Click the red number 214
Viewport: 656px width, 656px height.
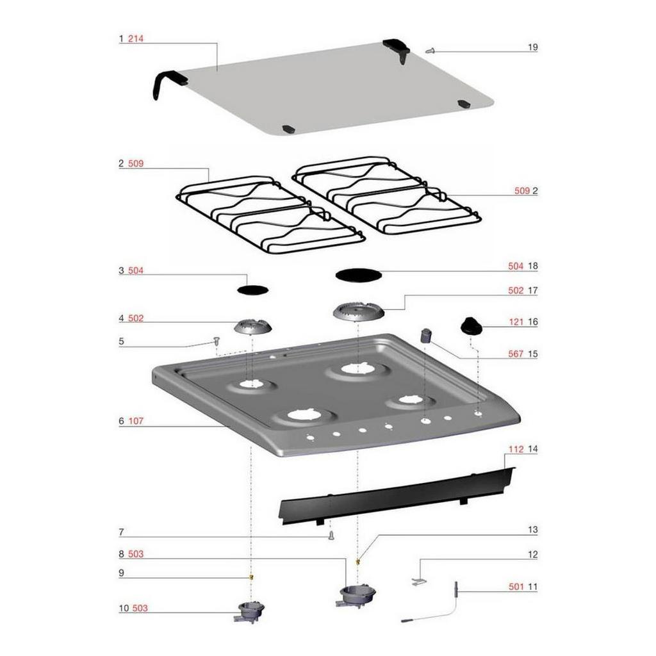pos(136,39)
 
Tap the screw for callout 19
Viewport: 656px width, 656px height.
pos(430,51)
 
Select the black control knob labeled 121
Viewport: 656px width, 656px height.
pos(471,326)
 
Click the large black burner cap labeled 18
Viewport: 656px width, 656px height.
pos(359,275)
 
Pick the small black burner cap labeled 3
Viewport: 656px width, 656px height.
pos(252,290)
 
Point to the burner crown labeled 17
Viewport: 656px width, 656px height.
pos(359,311)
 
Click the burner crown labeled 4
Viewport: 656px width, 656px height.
pos(252,327)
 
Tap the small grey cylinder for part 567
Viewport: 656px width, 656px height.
pos(426,336)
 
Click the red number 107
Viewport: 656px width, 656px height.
pos(136,421)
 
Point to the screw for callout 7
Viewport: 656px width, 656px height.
pos(331,535)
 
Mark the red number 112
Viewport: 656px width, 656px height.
pos(516,449)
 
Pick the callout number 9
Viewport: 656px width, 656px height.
pos(121,573)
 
